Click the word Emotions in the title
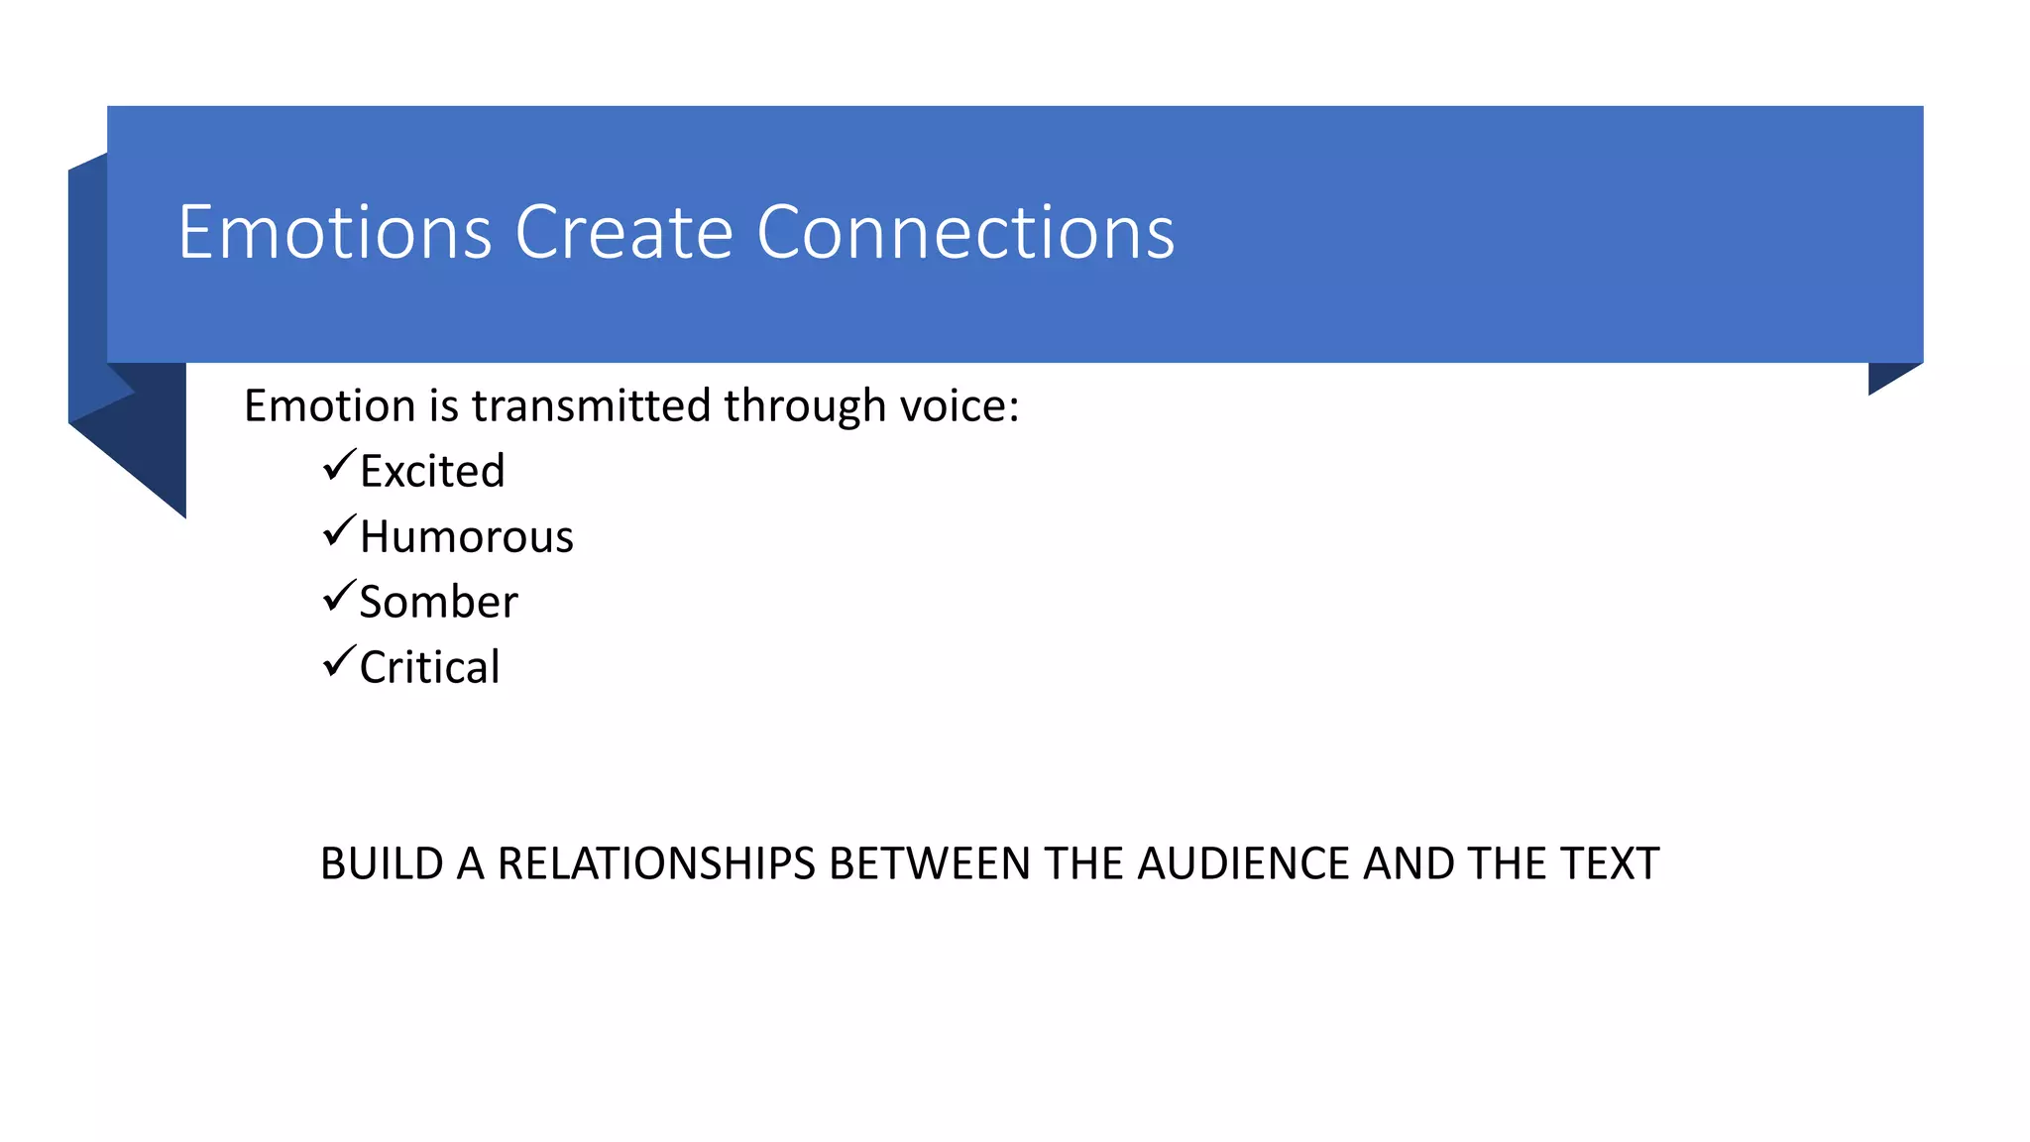pyautogui.click(x=335, y=233)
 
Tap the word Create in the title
pyautogui.click(x=623, y=233)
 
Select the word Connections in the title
pyautogui.click(x=965, y=233)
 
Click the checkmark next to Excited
pyautogui.click(x=338, y=465)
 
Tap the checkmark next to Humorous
pyautogui.click(x=338, y=531)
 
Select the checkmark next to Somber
pyautogui.click(x=338, y=597)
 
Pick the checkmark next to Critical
pyautogui.click(x=338, y=662)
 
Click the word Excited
pyautogui.click(x=432, y=471)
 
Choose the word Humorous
pyautogui.click(x=466, y=536)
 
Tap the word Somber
pyautogui.click(x=438, y=602)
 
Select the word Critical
pyautogui.click(x=429, y=667)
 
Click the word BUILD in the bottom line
pyautogui.click(x=382, y=863)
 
